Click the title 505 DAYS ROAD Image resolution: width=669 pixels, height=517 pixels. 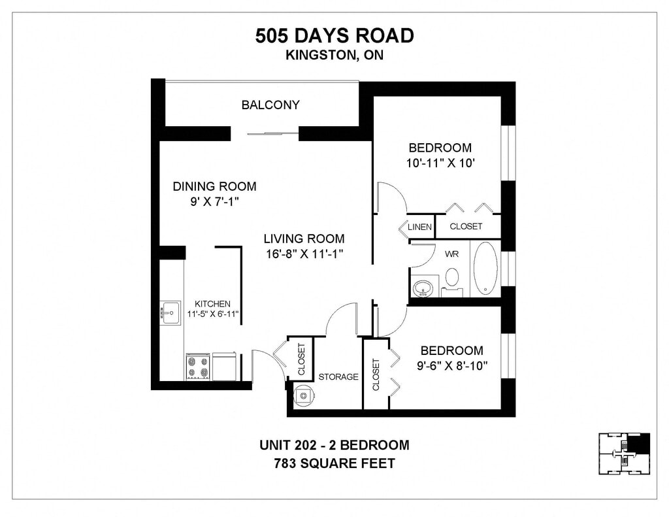[334, 35]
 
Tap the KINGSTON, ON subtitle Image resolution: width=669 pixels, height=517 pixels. [334, 55]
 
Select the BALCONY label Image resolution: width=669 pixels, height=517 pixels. [270, 105]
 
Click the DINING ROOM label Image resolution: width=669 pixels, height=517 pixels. [214, 186]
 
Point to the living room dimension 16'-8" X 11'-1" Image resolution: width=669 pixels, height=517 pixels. [304, 254]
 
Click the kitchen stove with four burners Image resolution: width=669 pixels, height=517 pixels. [198, 367]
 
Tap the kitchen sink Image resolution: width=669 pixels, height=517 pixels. [171, 313]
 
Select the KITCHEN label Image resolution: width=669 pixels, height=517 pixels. [212, 304]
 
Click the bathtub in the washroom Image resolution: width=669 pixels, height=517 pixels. [485, 269]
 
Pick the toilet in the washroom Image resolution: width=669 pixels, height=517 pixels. [452, 281]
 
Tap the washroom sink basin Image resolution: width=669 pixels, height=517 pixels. [423, 288]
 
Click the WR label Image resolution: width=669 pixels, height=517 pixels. [452, 254]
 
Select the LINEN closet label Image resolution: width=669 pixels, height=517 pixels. [420, 227]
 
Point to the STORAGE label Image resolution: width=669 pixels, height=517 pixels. [338, 376]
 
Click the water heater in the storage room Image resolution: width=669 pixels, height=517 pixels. [304, 395]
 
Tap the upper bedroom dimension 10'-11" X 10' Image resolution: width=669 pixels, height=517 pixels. [440, 163]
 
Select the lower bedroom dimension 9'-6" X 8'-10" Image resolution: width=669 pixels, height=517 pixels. [452, 366]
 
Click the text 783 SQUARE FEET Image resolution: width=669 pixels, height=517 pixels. [334, 463]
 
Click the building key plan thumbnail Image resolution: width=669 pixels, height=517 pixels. [625, 454]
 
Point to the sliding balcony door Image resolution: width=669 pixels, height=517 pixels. [273, 133]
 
